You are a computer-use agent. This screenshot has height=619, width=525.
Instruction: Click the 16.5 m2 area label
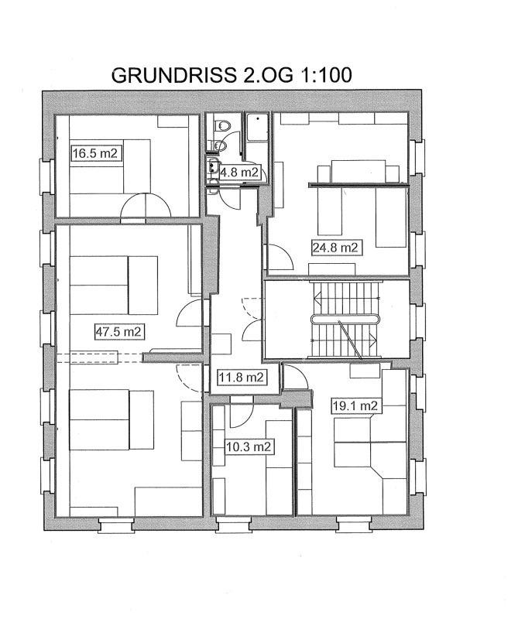[95, 153]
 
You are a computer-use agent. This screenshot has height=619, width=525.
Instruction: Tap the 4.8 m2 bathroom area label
[239, 172]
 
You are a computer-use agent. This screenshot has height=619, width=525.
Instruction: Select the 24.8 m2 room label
[335, 248]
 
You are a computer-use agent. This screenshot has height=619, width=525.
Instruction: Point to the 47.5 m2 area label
[118, 331]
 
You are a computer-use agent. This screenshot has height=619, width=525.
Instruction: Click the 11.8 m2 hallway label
[242, 377]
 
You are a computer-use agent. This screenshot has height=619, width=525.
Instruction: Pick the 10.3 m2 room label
[249, 447]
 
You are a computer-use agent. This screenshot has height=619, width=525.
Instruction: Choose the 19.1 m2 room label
[355, 405]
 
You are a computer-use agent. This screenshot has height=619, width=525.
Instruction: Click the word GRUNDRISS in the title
[175, 75]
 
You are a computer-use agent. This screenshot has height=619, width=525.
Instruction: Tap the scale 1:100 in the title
[326, 75]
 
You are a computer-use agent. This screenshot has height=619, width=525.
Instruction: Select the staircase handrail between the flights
[345, 319]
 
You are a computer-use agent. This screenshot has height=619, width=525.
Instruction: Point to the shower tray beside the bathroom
[257, 127]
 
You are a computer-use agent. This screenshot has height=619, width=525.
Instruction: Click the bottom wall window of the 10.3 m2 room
[234, 525]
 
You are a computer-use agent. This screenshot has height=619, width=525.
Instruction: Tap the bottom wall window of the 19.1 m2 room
[354, 525]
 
